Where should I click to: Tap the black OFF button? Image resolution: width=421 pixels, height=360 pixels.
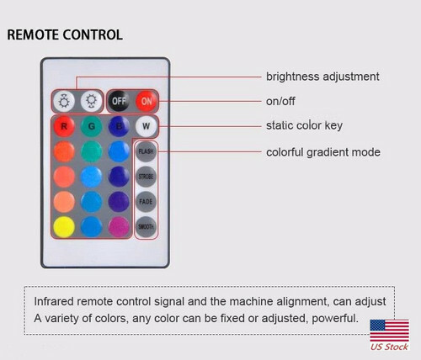click(x=119, y=102)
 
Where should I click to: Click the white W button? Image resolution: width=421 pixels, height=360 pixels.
click(x=147, y=128)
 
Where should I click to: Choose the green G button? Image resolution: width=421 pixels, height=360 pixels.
click(x=92, y=128)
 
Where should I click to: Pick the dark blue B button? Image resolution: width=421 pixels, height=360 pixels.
click(x=119, y=128)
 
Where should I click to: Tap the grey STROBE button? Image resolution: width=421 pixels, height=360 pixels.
click(x=147, y=177)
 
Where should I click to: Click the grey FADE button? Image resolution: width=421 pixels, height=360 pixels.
click(x=147, y=203)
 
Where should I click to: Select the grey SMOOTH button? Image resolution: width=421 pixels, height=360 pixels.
click(x=147, y=228)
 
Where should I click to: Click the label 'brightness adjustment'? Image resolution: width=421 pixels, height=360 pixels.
click(x=322, y=77)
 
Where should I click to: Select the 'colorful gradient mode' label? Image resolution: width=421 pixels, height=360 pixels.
click(x=323, y=152)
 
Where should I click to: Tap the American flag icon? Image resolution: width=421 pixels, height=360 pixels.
click(x=389, y=331)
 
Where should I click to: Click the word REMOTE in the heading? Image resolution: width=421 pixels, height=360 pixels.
click(x=34, y=35)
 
